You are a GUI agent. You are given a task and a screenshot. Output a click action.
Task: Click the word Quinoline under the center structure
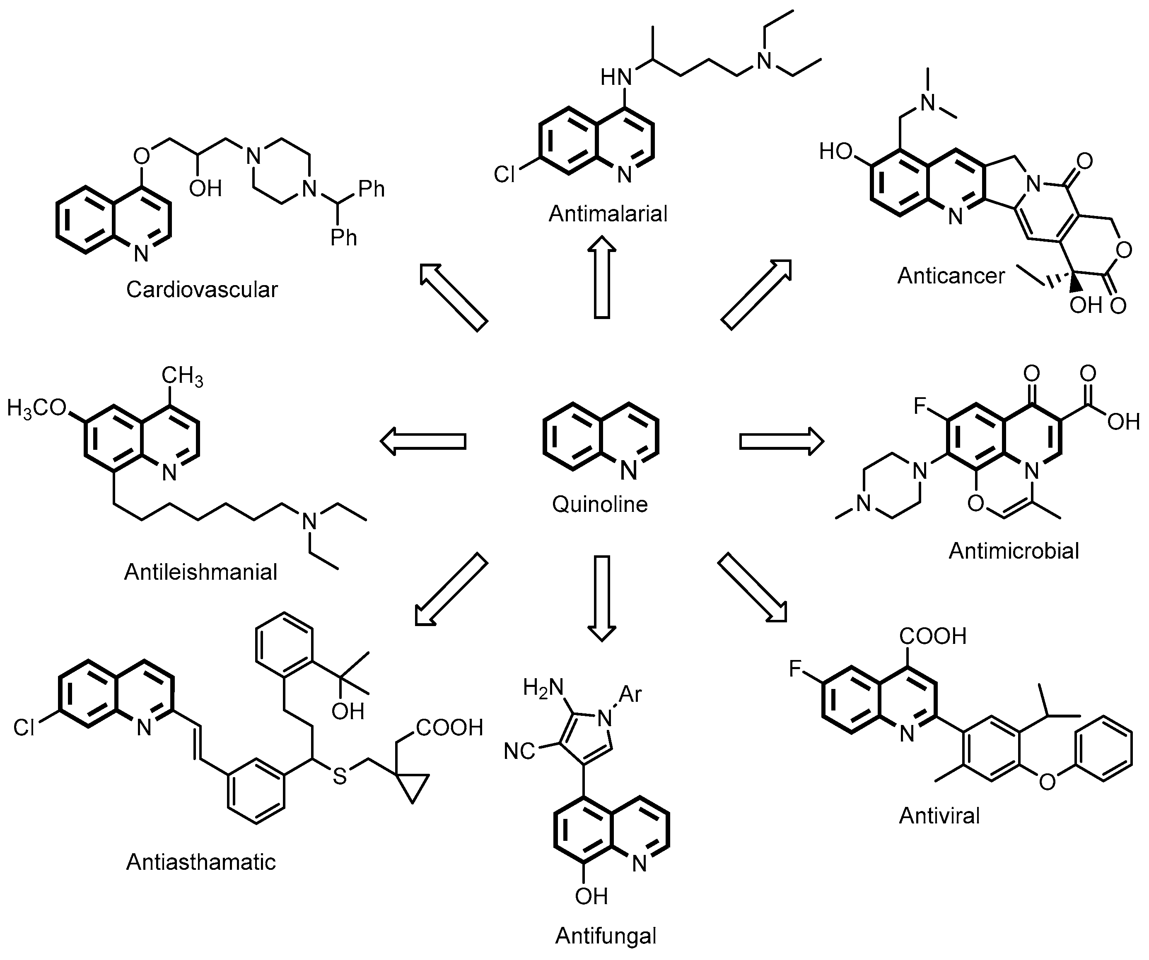[x=600, y=504]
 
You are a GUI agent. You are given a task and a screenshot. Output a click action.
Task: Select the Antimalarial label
[x=608, y=214]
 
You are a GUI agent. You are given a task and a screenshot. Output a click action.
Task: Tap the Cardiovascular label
[x=202, y=289]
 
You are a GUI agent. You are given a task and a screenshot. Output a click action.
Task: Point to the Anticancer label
[x=951, y=276]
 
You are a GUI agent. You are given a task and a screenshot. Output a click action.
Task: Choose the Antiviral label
[x=939, y=816]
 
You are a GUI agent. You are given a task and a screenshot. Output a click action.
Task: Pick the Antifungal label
[x=606, y=936]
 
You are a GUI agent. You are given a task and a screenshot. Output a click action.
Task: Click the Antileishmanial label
[x=201, y=572]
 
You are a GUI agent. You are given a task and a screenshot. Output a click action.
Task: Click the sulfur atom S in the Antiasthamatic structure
[x=340, y=776]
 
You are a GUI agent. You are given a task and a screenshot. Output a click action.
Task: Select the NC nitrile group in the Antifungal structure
[x=519, y=751]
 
